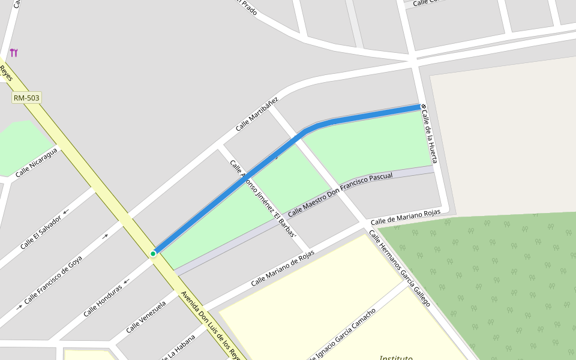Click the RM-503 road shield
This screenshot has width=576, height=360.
pos(26,98)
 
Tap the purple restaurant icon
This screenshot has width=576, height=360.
pos(14,53)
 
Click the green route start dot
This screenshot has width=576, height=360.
pos(153,254)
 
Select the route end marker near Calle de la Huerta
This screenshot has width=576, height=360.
pos(423,106)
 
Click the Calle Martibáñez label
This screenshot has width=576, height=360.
pos(257,113)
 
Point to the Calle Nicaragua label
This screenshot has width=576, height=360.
pos(37,163)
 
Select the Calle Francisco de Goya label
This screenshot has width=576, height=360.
pos(53,280)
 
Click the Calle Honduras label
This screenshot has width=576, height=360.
pos(103,300)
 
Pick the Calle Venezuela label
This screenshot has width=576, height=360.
pos(145,317)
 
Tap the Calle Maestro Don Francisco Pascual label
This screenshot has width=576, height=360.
pos(340,194)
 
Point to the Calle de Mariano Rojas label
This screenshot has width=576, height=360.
pos(405,216)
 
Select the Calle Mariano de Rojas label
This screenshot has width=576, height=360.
pos(283,268)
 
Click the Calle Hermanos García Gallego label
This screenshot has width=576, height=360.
pos(399,268)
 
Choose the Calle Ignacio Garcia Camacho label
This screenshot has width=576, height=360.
pos(342,334)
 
